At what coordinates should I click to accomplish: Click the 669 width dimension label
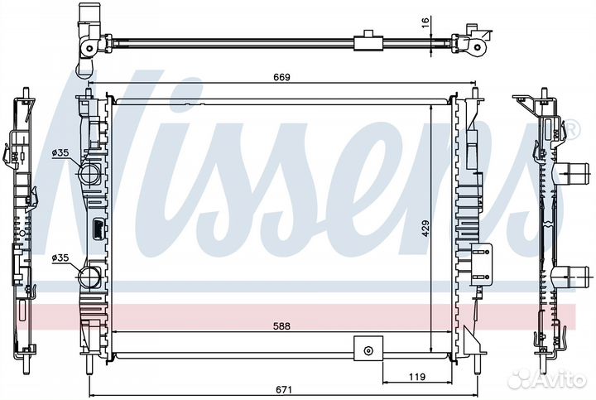click(x=281, y=77)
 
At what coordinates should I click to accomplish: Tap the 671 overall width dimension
click(x=284, y=390)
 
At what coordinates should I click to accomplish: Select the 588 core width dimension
click(x=281, y=325)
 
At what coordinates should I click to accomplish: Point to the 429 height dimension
click(x=425, y=228)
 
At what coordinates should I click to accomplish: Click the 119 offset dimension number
click(x=417, y=377)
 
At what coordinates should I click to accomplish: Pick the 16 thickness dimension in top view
click(x=425, y=22)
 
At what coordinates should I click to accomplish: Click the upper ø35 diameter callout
click(x=60, y=153)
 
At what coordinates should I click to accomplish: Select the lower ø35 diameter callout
click(x=60, y=258)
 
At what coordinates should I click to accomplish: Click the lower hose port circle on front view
click(x=89, y=277)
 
